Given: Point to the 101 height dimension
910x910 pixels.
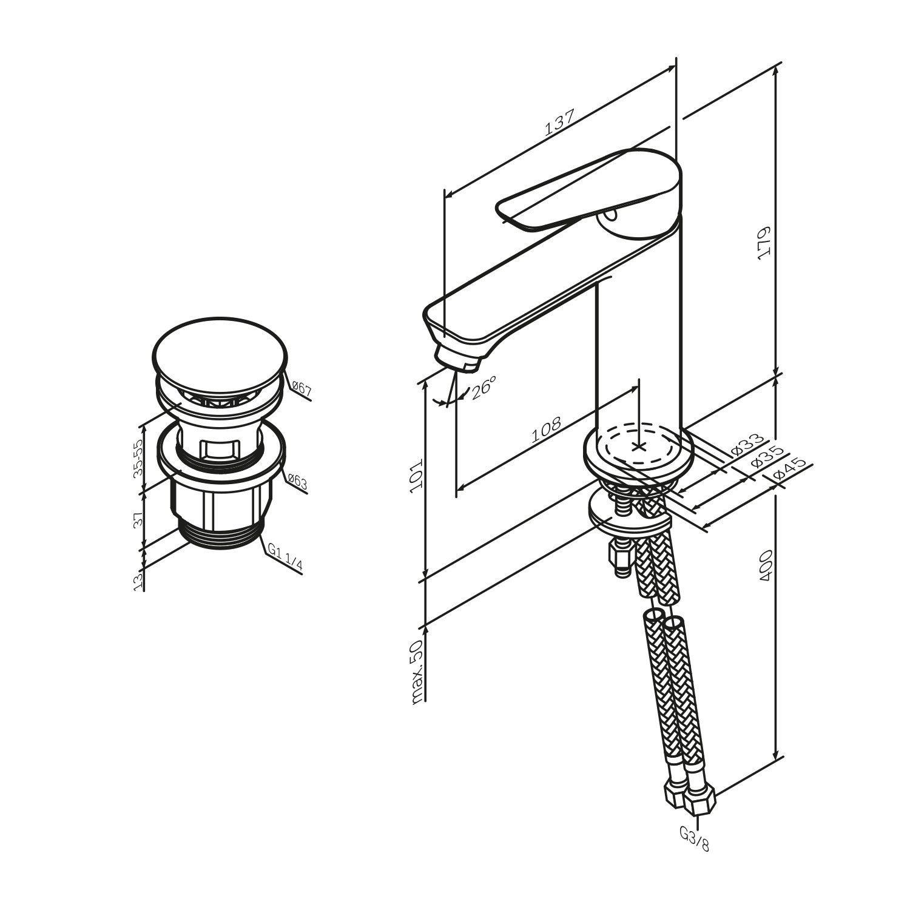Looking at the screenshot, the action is pyautogui.click(x=417, y=476).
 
